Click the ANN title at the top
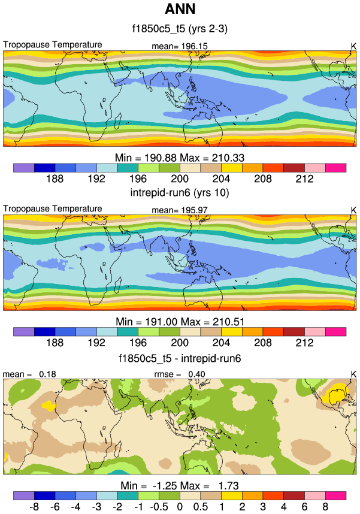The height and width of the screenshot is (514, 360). point(180,10)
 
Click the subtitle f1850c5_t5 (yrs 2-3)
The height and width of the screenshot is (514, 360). point(180,28)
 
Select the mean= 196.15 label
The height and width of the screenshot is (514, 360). point(180,46)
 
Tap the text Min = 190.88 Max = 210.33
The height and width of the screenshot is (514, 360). point(180,156)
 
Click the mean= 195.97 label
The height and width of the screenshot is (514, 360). point(180,210)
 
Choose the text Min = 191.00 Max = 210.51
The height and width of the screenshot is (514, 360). point(180,322)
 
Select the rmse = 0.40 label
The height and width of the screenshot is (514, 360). point(180,374)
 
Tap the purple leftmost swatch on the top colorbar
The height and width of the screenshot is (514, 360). point(23,168)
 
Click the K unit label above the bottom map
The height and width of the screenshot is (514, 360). point(353,374)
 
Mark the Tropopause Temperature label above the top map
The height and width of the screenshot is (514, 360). point(53,45)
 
